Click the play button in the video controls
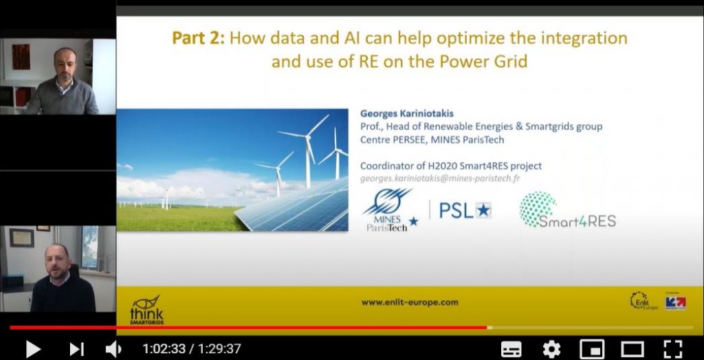pyautogui.click(x=33, y=349)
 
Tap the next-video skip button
pyautogui.click(x=76, y=349)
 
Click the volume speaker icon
pyautogui.click(x=113, y=349)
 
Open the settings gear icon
pyautogui.click(x=551, y=349)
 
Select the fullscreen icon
pyautogui.click(x=673, y=349)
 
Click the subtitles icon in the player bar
pyautogui.click(x=511, y=349)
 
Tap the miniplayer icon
pyautogui.click(x=592, y=349)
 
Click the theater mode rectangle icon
pyautogui.click(x=632, y=349)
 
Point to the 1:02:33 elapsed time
pyautogui.click(x=164, y=349)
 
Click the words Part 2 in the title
pyautogui.click(x=197, y=38)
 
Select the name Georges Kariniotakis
pyautogui.click(x=407, y=113)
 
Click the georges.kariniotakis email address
pyautogui.click(x=440, y=178)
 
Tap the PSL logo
pyautogui.click(x=465, y=210)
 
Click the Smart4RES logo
pyautogui.click(x=567, y=210)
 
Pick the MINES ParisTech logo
pyautogui.click(x=388, y=210)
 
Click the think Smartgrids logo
pyautogui.click(x=146, y=310)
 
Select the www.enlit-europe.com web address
pyautogui.click(x=410, y=302)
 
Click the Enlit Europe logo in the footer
pyautogui.click(x=643, y=301)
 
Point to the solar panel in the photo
pyautogui.click(x=291, y=207)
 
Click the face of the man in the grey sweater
pyautogui.click(x=65, y=61)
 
